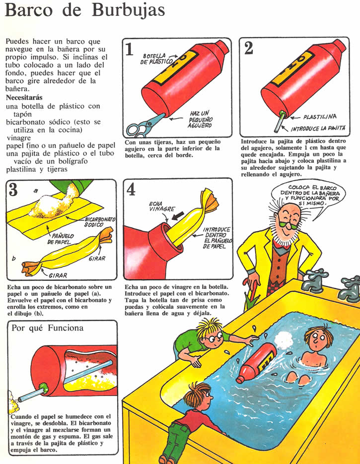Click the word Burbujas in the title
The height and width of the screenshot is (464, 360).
[128, 10]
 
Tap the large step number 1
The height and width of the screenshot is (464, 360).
[130, 49]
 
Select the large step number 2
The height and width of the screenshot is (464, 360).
[249, 48]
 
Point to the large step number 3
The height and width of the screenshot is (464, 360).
[13, 190]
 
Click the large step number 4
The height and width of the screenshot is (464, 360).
[131, 190]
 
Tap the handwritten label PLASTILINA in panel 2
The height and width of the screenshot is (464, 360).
[320, 117]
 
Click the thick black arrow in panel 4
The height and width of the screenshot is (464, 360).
[178, 216]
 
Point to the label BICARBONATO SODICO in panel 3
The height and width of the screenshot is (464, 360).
[100, 222]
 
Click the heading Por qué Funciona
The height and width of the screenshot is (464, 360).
[47, 328]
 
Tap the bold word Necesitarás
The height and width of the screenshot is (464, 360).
[24, 97]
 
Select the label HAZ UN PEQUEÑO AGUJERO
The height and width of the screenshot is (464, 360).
[200, 119]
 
